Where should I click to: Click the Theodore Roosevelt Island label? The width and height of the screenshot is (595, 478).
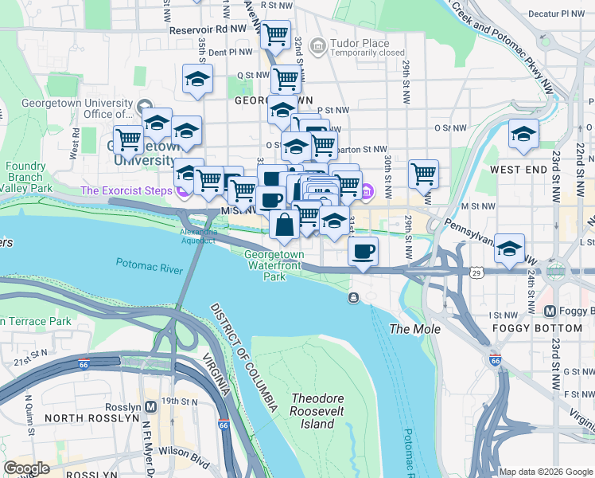click(x=312, y=411)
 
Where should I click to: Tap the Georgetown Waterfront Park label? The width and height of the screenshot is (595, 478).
click(x=274, y=265)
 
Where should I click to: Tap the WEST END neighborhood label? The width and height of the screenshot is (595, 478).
click(x=517, y=170)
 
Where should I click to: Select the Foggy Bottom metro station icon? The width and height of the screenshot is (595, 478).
click(x=549, y=310)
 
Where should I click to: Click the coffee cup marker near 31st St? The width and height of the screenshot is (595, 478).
click(x=363, y=251)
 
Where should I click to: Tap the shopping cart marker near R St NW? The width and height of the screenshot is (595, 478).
click(x=275, y=34)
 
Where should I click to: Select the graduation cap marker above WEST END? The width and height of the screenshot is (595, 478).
click(x=523, y=134)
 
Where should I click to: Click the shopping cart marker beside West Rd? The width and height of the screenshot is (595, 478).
click(x=127, y=140)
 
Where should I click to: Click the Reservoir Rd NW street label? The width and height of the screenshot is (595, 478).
click(x=208, y=29)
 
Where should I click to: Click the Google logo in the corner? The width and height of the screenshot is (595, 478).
click(x=27, y=468)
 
